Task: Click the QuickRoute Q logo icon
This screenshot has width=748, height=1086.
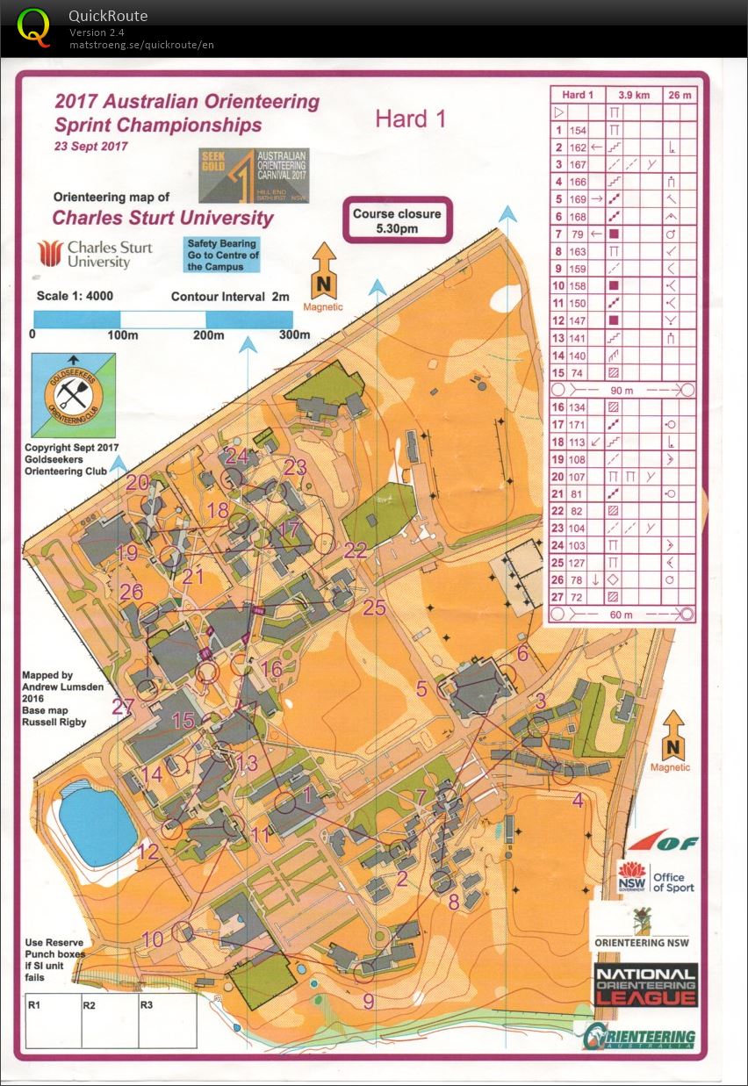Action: [x=34, y=25]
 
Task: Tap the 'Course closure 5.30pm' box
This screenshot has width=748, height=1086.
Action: [x=397, y=220]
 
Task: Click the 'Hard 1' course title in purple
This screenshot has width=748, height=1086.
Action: [x=410, y=119]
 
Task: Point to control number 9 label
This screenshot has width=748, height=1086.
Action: [x=369, y=1001]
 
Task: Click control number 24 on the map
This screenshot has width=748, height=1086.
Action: [x=237, y=457]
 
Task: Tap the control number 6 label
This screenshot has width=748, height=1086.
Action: [x=523, y=653]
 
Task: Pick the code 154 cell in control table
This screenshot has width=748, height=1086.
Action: [x=577, y=130]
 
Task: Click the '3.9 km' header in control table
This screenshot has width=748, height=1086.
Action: [x=632, y=94]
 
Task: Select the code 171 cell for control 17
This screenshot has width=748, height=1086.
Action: [x=577, y=424]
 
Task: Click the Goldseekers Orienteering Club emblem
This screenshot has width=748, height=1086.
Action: [x=70, y=394]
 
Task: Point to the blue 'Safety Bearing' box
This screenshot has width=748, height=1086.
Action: [x=221, y=255]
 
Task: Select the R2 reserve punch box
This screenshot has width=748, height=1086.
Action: [x=110, y=1020]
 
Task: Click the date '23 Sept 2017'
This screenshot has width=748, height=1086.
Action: [x=90, y=147]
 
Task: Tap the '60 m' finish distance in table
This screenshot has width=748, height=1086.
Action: [x=622, y=615]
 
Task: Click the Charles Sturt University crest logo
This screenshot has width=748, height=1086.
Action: [x=49, y=253]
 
